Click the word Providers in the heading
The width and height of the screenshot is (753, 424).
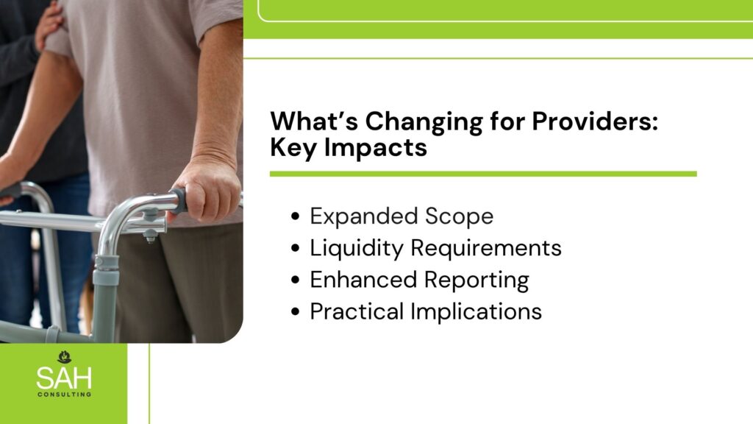[x=594, y=121]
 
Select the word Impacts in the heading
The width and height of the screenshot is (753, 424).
[x=376, y=148]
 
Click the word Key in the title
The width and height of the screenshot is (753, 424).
[x=294, y=148]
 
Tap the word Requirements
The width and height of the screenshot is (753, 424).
[x=486, y=249]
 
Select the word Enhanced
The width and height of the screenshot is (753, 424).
[x=363, y=280]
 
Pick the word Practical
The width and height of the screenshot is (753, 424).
[x=357, y=311]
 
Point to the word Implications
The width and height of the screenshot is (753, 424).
[x=476, y=312]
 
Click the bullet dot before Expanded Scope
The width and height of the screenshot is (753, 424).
[x=296, y=217]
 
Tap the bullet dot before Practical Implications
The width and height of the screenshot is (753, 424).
[x=296, y=311]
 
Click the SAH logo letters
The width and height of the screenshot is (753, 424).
[x=64, y=378]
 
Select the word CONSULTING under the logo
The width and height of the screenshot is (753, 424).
[x=65, y=395]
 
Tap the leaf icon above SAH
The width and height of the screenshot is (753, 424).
[x=65, y=357]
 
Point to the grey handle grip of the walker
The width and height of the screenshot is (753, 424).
[x=179, y=200]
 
